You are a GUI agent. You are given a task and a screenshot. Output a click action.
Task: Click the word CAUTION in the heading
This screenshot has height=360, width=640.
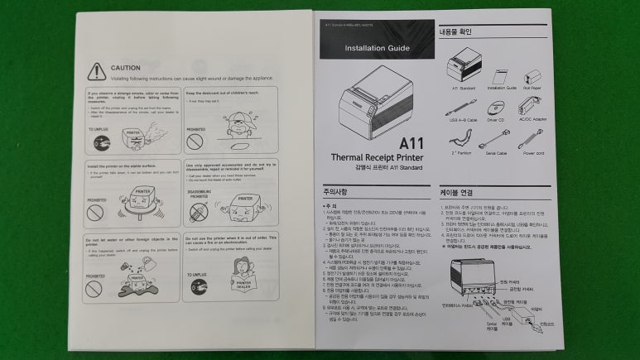[x=126, y=67]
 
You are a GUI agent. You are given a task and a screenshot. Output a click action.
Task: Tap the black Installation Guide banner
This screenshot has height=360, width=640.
[x=378, y=48]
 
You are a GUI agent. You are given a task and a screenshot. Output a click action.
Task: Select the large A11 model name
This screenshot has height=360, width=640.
[x=411, y=142]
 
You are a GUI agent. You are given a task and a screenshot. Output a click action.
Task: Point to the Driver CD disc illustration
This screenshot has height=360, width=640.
[x=497, y=107]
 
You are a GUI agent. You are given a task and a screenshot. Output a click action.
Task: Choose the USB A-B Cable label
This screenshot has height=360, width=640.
[x=464, y=119]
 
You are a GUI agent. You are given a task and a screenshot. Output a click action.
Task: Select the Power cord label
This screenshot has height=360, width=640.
[x=533, y=153]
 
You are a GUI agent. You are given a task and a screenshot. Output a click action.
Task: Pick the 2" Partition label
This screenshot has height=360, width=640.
[x=462, y=153]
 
